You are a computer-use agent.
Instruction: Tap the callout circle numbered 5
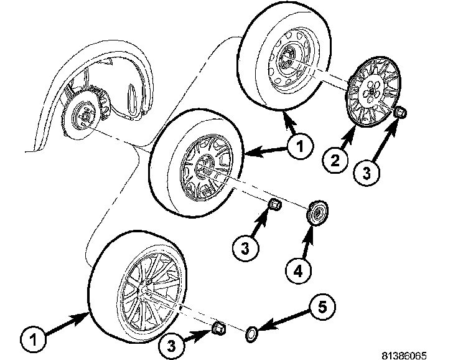point(320,307)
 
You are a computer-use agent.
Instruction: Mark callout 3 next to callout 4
point(245,248)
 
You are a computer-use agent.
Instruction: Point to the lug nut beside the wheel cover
point(400,113)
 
